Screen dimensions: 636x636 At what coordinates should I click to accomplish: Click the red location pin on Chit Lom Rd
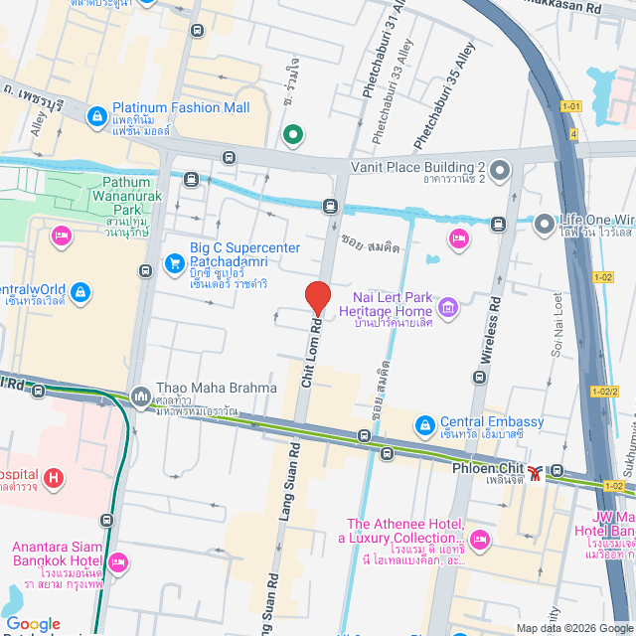(x=317, y=297)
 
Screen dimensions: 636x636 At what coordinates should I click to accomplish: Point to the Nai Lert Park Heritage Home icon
(x=448, y=308)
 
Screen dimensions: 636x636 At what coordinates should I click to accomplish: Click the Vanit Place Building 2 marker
(x=499, y=172)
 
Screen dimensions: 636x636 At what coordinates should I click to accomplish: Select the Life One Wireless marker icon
(x=544, y=225)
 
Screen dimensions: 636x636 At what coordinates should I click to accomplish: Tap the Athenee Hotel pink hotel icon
(x=481, y=541)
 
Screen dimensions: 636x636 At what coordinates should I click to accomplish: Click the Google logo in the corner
(x=33, y=623)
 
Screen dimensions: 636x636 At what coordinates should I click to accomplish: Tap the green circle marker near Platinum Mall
(x=293, y=135)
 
